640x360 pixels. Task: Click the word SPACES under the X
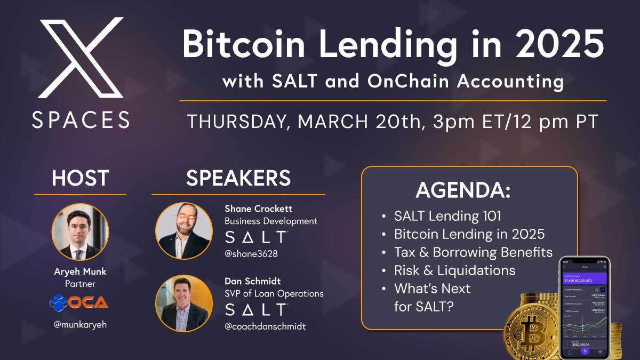click(x=80, y=119)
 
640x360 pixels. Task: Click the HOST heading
click(x=80, y=178)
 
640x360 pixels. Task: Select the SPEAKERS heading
click(x=238, y=178)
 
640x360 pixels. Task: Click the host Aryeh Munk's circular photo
click(x=80, y=232)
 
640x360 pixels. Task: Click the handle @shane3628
click(x=252, y=254)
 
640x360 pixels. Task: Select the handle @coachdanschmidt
click(x=265, y=326)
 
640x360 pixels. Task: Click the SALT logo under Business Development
click(x=256, y=237)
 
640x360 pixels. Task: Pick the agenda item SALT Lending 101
click(x=448, y=216)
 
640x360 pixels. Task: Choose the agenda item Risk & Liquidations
click(x=454, y=270)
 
